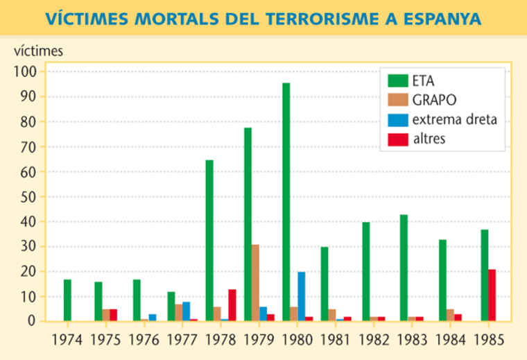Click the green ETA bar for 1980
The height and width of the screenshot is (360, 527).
286,201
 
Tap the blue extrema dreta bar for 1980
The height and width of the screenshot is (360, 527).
302,296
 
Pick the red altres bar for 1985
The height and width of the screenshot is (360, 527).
492,295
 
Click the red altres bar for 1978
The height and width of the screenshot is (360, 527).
232,305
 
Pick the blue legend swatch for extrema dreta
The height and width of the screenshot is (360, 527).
399,119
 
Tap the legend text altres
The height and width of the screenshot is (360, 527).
429,139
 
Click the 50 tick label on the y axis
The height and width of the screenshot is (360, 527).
30,196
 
